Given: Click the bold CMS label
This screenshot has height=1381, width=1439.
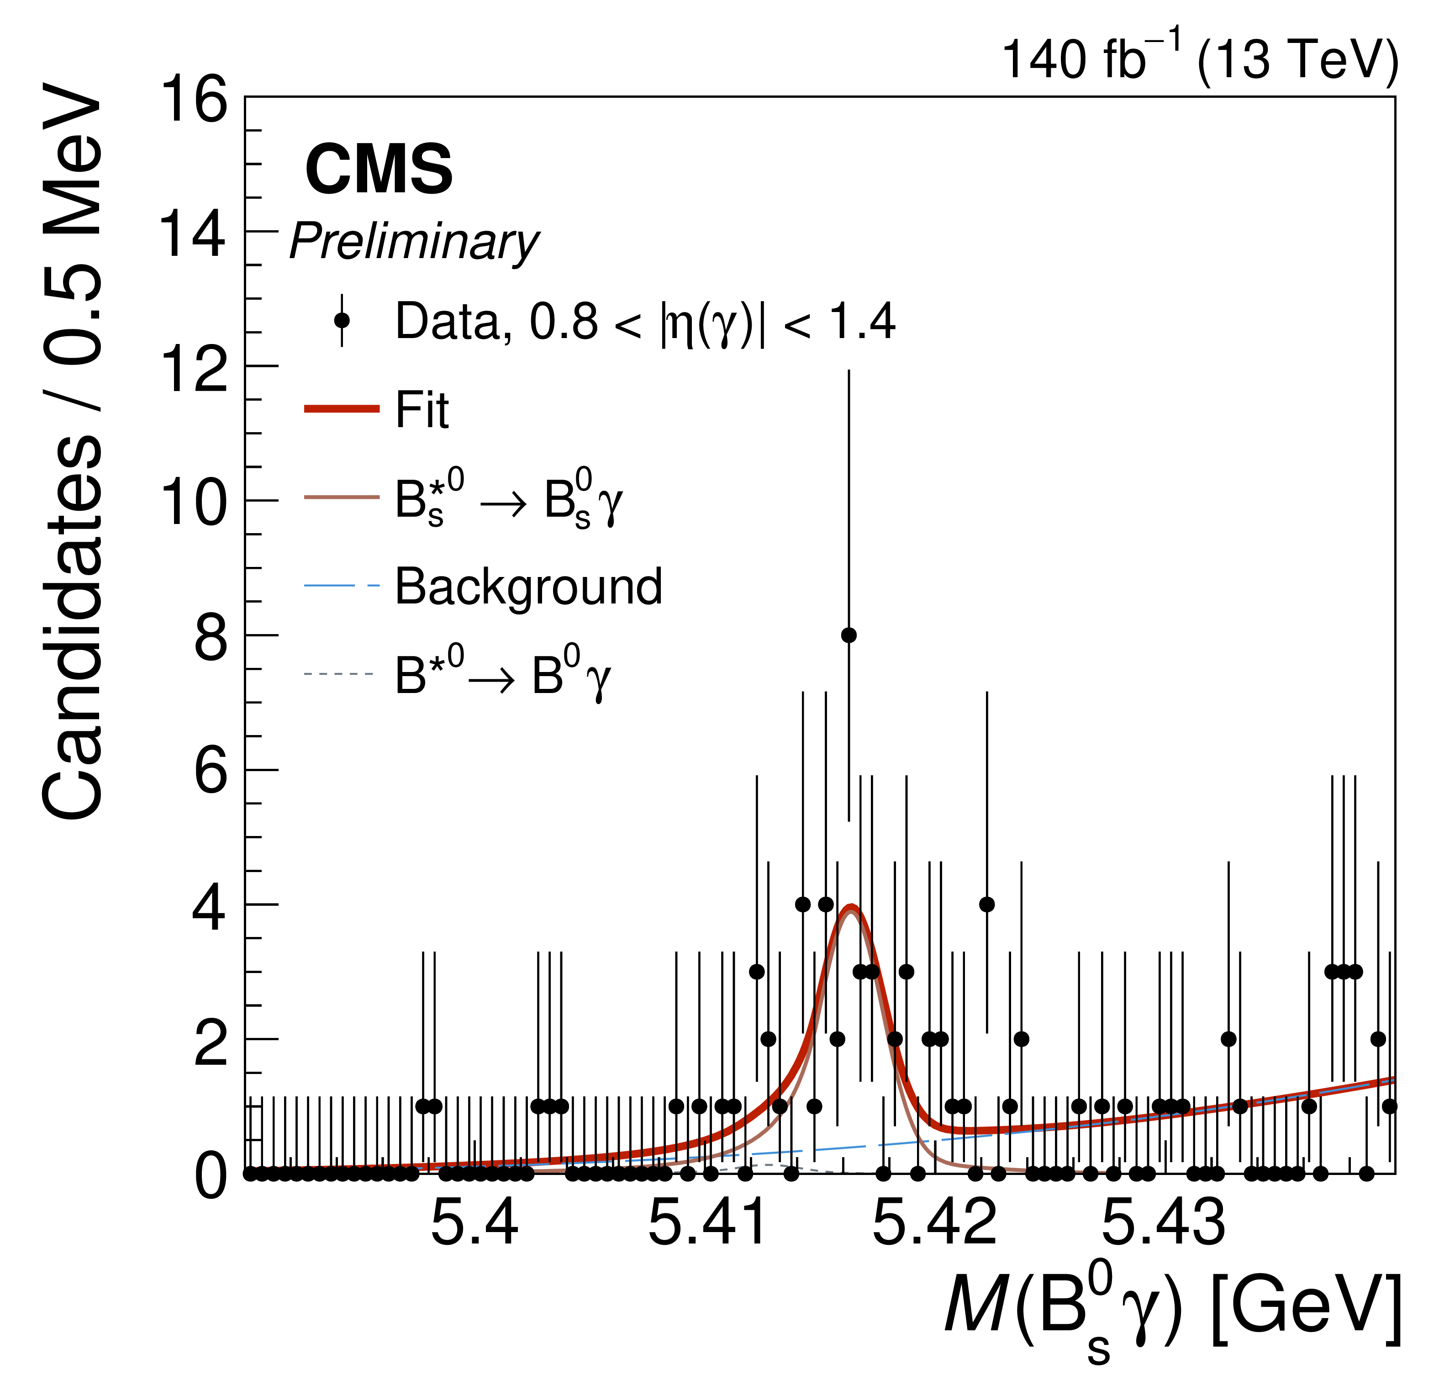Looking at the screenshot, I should [379, 169].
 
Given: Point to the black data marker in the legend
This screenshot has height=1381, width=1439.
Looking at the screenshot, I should [342, 320].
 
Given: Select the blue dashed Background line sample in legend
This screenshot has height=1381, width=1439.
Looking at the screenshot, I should [342, 586].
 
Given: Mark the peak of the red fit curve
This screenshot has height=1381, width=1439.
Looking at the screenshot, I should [851, 906].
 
